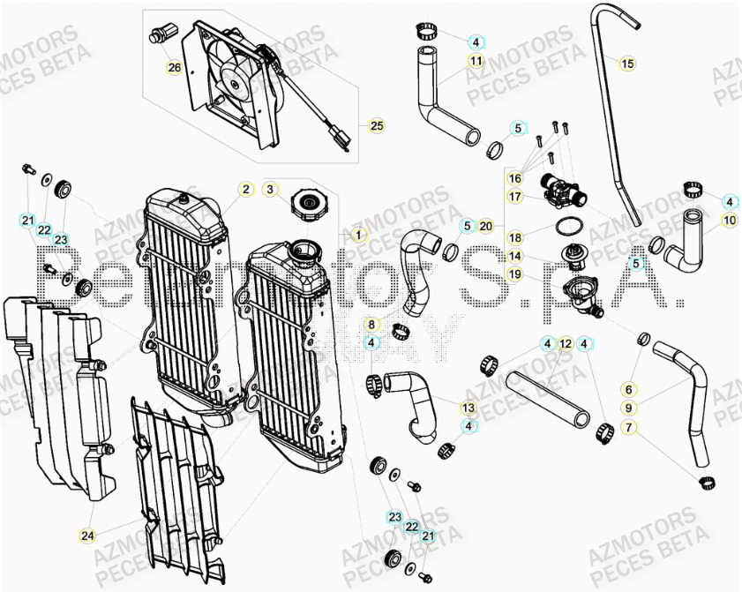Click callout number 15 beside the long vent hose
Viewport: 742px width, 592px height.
[x=626, y=64]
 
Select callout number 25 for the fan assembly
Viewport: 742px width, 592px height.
[x=377, y=126]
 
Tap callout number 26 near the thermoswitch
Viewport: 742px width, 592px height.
[x=174, y=67]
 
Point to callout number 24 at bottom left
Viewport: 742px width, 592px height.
[x=87, y=535]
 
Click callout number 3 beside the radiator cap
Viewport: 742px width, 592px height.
[x=272, y=189]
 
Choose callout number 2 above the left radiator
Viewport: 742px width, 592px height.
[x=245, y=189]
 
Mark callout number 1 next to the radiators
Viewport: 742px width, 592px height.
[x=357, y=235]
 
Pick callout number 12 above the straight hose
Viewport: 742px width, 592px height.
[x=566, y=343]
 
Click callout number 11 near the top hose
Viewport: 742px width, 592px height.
[x=476, y=61]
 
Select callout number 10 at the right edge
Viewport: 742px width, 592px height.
[x=730, y=220]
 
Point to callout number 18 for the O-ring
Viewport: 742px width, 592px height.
[x=515, y=237]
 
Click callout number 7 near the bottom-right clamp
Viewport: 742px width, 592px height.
[x=628, y=428]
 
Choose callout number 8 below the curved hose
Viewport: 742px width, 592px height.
[x=372, y=325]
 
